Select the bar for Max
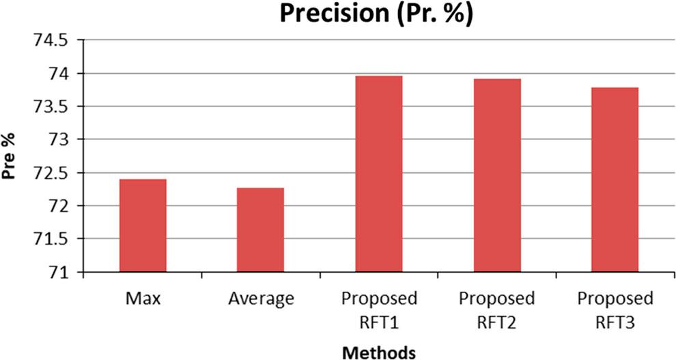pyautogui.click(x=143, y=225)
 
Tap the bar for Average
pyautogui.click(x=260, y=230)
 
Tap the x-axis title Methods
pyautogui.click(x=379, y=352)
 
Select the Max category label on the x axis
pyautogui.click(x=143, y=299)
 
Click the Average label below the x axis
pyautogui.click(x=261, y=299)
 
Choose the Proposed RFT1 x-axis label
pyautogui.click(x=379, y=308)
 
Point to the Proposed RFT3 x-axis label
pyautogui.click(x=615, y=308)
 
